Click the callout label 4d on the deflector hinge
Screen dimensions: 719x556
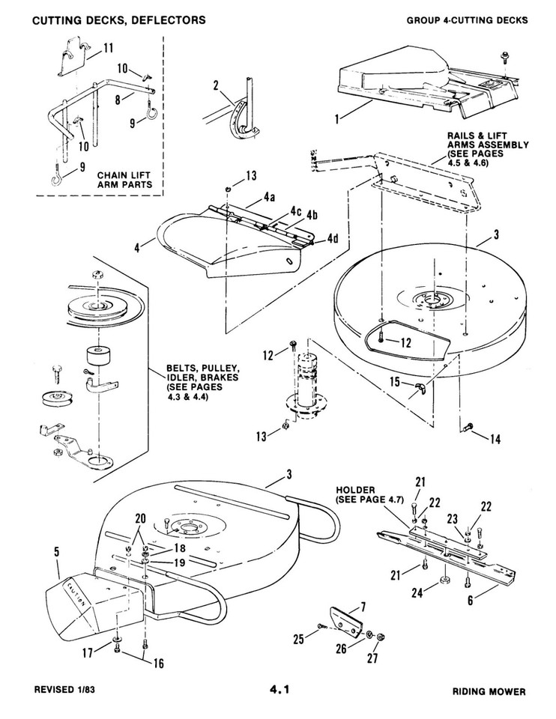[332, 239]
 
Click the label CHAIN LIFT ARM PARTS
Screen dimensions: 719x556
[125, 180]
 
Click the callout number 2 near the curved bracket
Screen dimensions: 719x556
[216, 87]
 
